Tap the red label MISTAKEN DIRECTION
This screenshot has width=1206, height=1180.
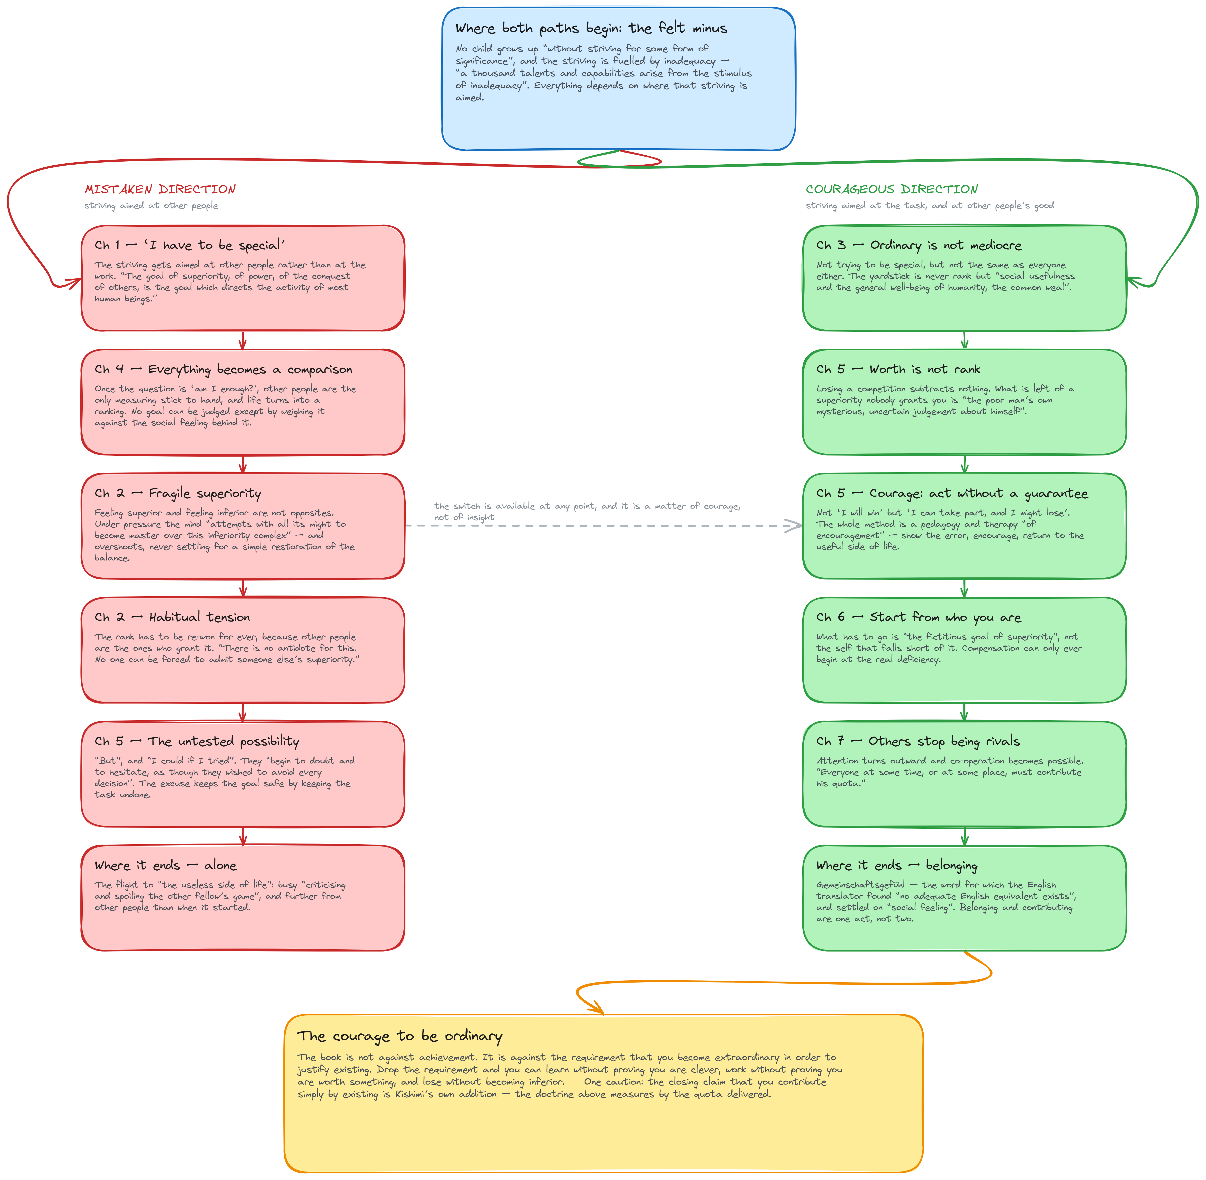[160, 189]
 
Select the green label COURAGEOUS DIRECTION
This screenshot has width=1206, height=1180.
[892, 189]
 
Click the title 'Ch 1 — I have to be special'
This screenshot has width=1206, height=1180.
[190, 245]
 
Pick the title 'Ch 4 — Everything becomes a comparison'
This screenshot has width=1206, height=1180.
[223, 369]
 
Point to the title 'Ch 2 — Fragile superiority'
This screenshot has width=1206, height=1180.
[178, 493]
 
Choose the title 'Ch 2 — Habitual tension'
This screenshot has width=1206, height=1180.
[172, 617]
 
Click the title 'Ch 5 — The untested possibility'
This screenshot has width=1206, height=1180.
[197, 741]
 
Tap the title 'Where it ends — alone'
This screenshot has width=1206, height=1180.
[165, 865]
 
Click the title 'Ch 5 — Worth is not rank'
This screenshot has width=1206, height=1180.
[898, 369]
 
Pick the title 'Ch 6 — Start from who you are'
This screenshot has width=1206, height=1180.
[918, 617]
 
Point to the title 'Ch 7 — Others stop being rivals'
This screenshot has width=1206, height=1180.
[918, 741]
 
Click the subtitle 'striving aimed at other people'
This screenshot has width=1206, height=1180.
[151, 205]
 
